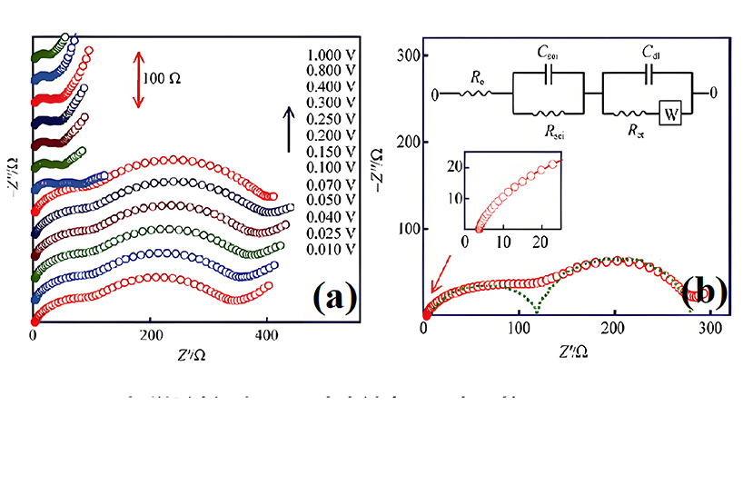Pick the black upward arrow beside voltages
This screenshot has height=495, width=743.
point(290,129)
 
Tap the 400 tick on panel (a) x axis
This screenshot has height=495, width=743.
point(266,336)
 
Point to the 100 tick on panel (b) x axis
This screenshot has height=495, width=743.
point(520,329)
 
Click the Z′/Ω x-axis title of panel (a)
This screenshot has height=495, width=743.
point(190,355)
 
